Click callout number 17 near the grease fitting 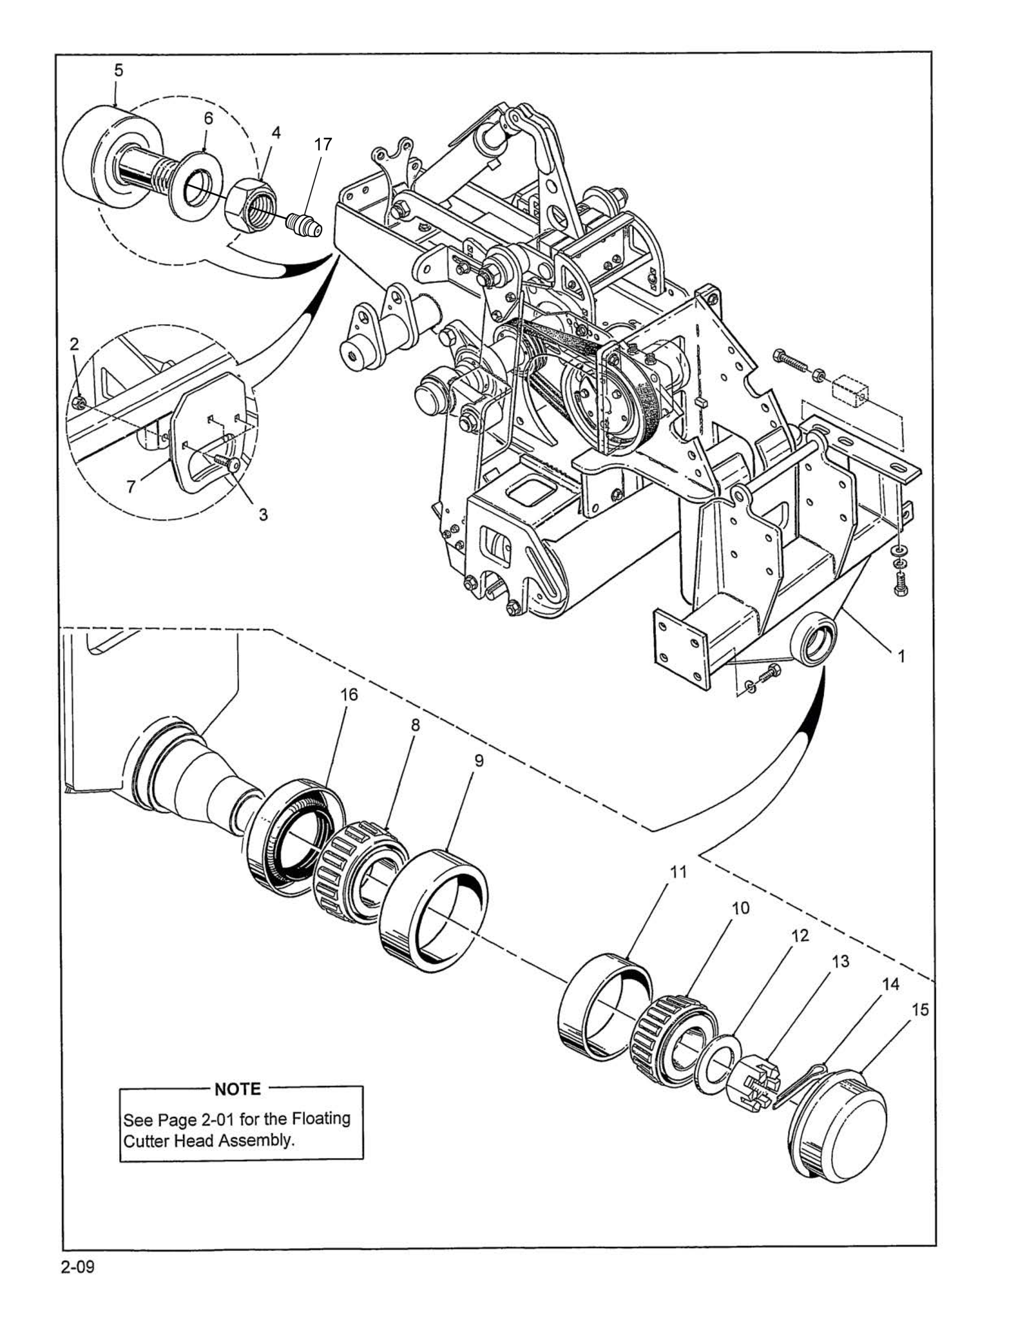coord(323,144)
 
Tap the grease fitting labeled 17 coord(305,224)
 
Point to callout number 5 coord(118,71)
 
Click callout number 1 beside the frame coord(901,656)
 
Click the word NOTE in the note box coord(238,1089)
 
